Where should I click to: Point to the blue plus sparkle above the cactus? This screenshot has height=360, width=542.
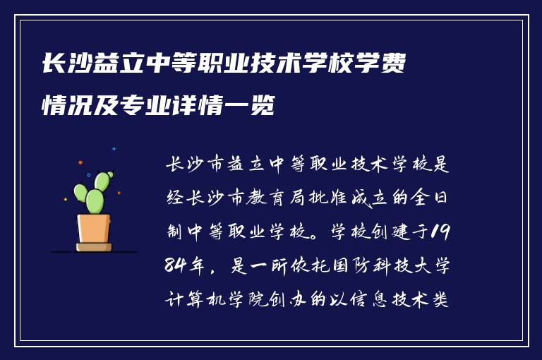[x=114, y=149]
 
